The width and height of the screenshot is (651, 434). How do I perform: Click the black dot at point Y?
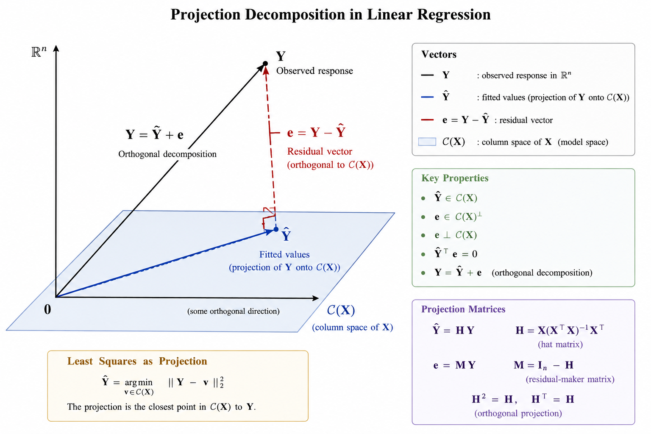(265, 64)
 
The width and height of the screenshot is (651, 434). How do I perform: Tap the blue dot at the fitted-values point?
(276, 229)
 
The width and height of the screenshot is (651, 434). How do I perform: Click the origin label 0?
(47, 309)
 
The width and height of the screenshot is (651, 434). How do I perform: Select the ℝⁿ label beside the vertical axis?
(39, 52)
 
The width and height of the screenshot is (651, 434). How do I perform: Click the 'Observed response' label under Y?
(314, 71)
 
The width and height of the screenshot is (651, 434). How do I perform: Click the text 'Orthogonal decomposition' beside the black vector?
(167, 154)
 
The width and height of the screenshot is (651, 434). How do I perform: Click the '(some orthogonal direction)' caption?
(234, 311)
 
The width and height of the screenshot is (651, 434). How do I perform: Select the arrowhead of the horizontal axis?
(315, 298)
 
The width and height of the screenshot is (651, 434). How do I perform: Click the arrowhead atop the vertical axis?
(56, 49)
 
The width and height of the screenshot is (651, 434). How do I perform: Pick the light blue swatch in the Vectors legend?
(427, 142)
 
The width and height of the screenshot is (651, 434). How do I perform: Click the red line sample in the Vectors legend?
(427, 120)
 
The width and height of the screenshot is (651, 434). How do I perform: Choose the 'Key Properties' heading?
(455, 178)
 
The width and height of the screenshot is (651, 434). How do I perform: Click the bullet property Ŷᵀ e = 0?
(456, 253)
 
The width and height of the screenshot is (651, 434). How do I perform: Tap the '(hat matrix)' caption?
(560, 345)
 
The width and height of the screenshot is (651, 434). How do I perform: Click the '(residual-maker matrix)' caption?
(570, 379)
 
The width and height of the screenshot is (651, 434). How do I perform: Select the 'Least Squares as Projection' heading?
(137, 361)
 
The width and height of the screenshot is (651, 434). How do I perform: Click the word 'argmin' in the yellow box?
(139, 382)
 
